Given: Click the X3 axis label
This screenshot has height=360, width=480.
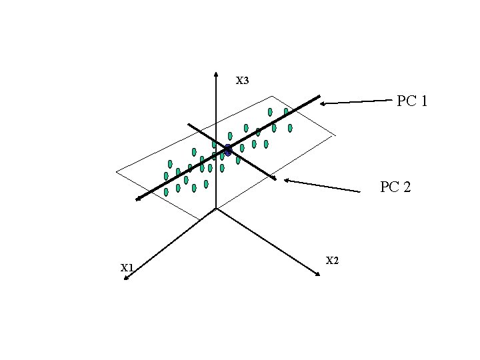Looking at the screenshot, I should pyautogui.click(x=242, y=81).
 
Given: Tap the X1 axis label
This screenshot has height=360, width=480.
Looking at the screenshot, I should pyautogui.click(x=127, y=268).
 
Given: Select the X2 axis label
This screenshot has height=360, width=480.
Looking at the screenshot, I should pyautogui.click(x=333, y=260).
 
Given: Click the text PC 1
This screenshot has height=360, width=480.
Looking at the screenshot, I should pyautogui.click(x=412, y=101).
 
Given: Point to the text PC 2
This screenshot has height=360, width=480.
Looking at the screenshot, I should pyautogui.click(x=395, y=187).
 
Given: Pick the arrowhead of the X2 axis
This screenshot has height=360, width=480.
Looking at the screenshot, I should pyautogui.click(x=320, y=275).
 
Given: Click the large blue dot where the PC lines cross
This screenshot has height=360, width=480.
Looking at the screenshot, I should pyautogui.click(x=227, y=150).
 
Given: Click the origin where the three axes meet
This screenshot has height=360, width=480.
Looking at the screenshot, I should pyautogui.click(x=217, y=207).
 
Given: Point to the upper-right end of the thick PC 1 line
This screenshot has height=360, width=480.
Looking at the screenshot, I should pyautogui.click(x=319, y=97).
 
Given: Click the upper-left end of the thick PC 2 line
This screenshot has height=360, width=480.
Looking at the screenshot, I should pyautogui.click(x=189, y=124).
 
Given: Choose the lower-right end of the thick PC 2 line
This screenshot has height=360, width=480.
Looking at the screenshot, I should pyautogui.click(x=275, y=178).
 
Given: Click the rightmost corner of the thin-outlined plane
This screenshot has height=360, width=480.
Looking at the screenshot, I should pyautogui.click(x=335, y=135).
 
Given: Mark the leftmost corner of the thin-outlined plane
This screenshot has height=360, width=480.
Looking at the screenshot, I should pyautogui.click(x=116, y=171).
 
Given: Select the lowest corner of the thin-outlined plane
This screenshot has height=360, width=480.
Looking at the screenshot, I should pyautogui.click(x=199, y=219).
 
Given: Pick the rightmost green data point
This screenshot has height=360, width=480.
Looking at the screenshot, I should pyautogui.click(x=290, y=127).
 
